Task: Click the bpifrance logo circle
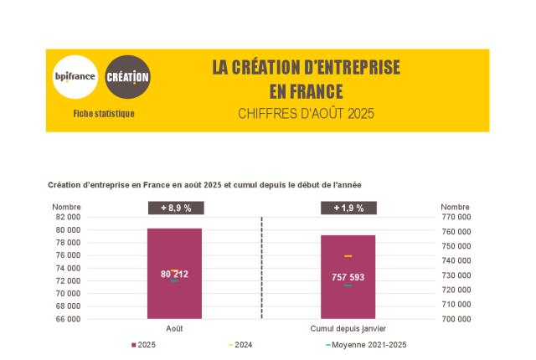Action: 75,77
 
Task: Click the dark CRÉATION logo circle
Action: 128,77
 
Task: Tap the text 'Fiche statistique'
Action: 103,113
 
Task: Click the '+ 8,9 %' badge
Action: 174,208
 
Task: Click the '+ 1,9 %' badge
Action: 348,208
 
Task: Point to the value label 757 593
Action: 348,277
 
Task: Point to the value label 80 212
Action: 174,274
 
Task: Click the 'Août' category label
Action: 174,328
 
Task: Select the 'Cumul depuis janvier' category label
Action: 348,328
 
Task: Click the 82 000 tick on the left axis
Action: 69,217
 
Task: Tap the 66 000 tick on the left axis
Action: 69,319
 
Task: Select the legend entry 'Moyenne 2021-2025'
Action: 368,345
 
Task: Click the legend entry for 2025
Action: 144,345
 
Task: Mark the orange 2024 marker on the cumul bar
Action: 348,255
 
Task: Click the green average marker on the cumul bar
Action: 348,285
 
